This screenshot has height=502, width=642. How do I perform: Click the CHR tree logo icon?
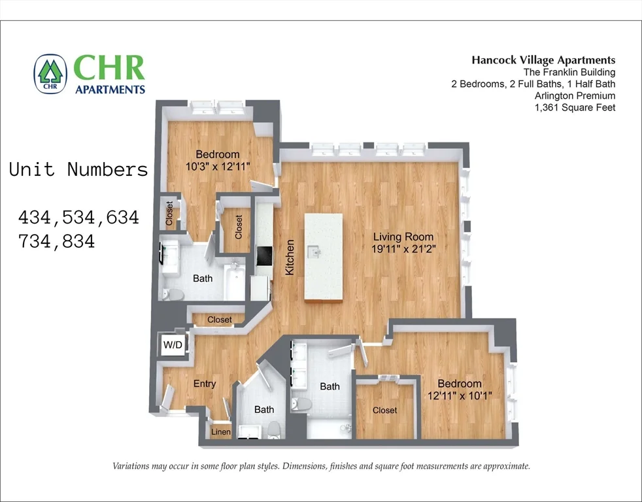[50, 74]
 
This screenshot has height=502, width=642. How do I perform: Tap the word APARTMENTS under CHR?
[110, 89]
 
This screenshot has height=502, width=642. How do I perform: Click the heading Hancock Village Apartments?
[543, 60]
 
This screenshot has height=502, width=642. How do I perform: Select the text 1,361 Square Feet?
[575, 107]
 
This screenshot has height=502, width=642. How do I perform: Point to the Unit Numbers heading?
[78, 170]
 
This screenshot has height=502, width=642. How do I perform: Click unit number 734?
[38, 241]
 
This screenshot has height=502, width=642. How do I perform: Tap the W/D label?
[173, 344]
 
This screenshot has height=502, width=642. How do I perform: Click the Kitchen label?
[290, 257]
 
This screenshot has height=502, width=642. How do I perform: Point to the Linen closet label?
[221, 432]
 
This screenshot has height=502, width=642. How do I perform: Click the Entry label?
[205, 384]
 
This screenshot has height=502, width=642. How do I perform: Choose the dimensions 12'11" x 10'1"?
[460, 395]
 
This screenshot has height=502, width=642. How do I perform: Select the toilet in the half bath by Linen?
[275, 429]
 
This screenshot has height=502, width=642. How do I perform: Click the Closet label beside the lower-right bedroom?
[384, 410]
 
